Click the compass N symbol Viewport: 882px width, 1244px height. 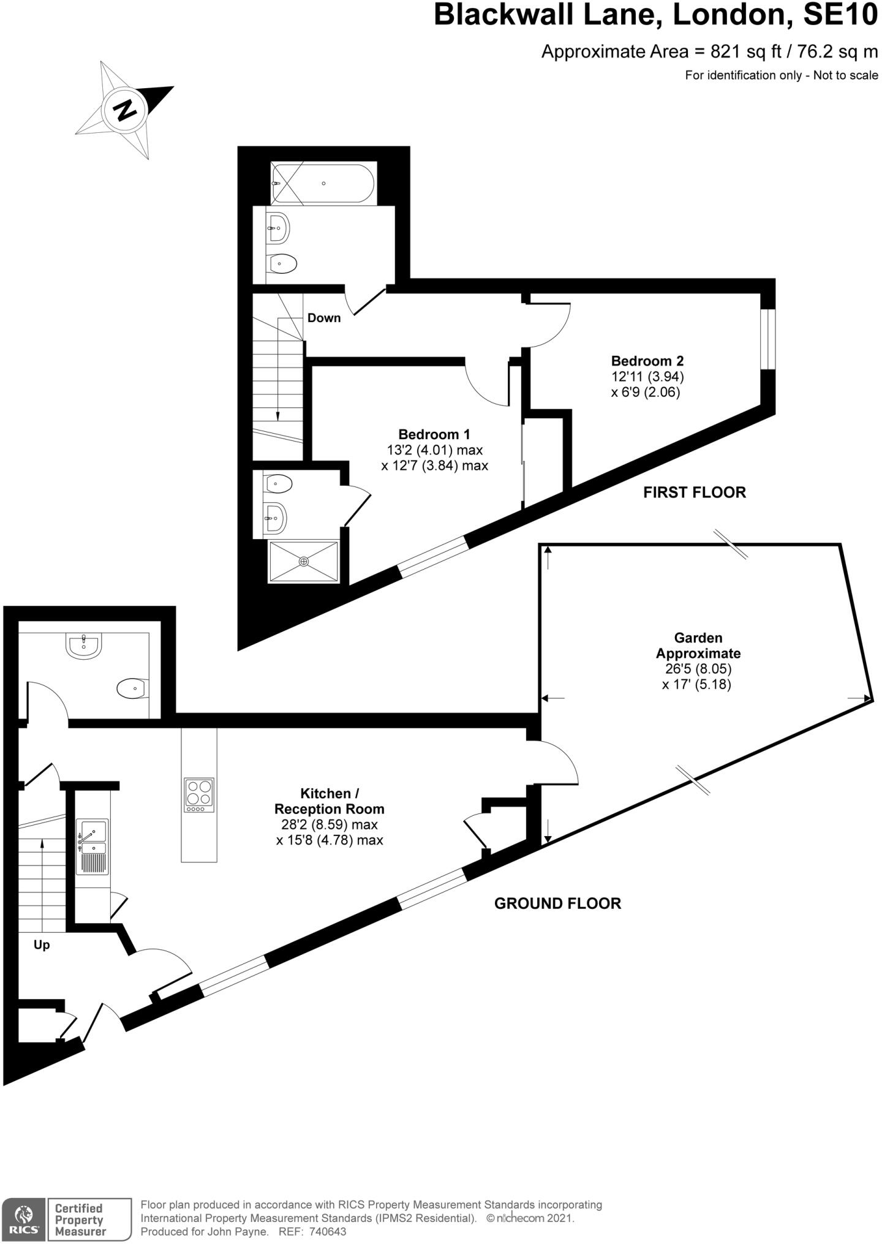click(x=126, y=110)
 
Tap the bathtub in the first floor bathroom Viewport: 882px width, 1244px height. click(x=323, y=183)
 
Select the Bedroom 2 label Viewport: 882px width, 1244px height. click(x=647, y=361)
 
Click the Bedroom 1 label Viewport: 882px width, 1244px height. click(x=434, y=434)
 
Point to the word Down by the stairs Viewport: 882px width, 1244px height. click(x=324, y=318)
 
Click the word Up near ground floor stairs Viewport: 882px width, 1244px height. click(x=42, y=944)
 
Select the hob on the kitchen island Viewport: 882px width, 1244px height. click(x=199, y=794)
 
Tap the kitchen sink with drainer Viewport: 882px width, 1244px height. click(x=92, y=846)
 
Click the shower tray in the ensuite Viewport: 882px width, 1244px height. click(x=304, y=561)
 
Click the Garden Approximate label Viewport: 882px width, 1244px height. click(x=698, y=646)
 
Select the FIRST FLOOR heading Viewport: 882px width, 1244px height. click(x=694, y=492)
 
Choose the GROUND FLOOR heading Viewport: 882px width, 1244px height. click(x=557, y=903)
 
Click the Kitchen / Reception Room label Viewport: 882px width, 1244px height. click(x=330, y=801)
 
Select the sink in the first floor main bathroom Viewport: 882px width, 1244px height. click(x=279, y=228)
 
